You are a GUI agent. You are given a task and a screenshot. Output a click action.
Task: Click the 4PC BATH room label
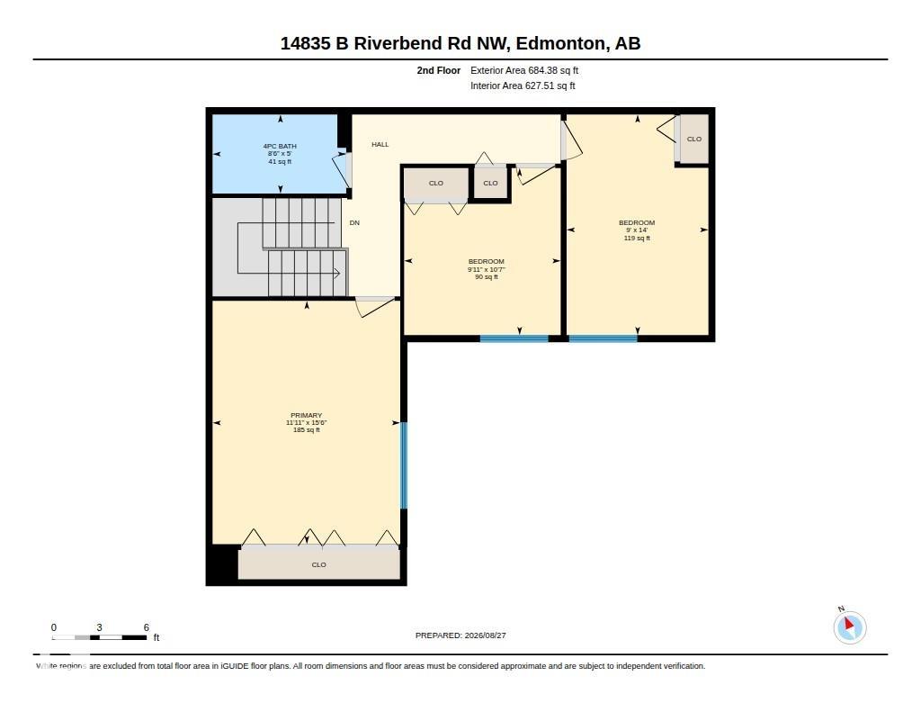(x=280, y=146)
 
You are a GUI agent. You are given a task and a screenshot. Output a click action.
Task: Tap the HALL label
(x=380, y=144)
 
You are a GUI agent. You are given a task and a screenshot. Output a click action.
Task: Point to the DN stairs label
(x=354, y=223)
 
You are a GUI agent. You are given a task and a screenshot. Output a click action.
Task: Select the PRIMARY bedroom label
(x=306, y=415)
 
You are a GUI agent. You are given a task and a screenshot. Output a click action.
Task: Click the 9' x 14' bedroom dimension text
(x=637, y=230)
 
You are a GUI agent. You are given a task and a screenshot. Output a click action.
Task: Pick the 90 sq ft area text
(x=487, y=277)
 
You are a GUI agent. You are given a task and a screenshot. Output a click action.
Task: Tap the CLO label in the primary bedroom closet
(x=319, y=564)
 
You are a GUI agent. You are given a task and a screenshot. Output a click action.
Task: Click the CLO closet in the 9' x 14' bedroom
(x=694, y=139)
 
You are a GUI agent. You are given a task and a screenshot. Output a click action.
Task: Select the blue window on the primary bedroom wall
(x=404, y=465)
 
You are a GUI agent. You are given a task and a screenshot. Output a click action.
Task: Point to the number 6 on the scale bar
(x=147, y=627)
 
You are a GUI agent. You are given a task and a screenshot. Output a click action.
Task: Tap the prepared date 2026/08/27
(x=485, y=635)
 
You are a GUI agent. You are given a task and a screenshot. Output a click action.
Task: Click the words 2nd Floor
(x=439, y=70)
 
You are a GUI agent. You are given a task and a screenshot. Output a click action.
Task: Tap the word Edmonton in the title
(x=560, y=43)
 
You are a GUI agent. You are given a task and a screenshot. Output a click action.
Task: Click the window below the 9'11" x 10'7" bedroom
(x=514, y=338)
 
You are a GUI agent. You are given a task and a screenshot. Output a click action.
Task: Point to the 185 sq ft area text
(x=307, y=429)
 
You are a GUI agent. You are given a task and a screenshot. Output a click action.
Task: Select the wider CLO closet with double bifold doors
(x=436, y=185)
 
